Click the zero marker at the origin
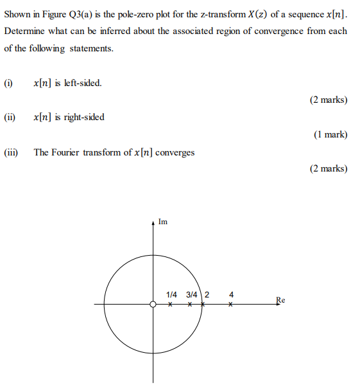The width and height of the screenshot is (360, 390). click(153, 305)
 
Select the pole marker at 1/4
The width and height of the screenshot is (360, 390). click(170, 305)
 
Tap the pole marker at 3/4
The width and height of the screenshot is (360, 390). click(190, 305)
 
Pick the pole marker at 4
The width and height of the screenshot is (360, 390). click(231, 305)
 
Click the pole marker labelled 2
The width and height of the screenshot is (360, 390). click(203, 305)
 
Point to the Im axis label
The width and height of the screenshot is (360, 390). click(163, 222)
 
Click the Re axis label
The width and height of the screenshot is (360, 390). click(280, 299)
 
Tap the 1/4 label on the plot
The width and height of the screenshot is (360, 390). click(171, 294)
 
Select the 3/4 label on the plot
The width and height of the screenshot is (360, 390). click(192, 294)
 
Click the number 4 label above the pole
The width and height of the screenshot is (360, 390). click(232, 294)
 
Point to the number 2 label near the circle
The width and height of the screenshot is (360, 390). click(207, 294)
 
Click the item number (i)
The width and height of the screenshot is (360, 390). click(8, 83)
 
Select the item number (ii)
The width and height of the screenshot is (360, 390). click(10, 118)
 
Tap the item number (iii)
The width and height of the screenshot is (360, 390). click(11, 152)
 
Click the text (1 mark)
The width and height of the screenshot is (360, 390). click(330, 135)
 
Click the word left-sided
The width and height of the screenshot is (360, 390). click(83, 83)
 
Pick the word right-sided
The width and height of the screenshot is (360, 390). click(85, 118)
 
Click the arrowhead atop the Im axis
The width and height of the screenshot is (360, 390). click(153, 222)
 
